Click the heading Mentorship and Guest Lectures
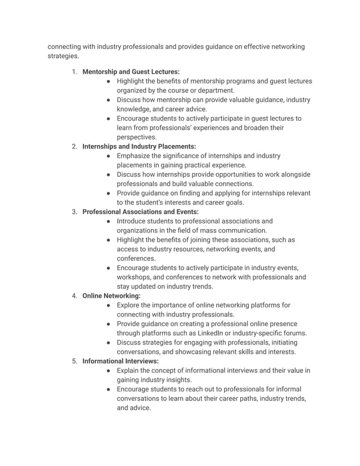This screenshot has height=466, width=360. [131, 72]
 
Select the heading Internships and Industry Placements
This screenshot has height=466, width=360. [139, 146]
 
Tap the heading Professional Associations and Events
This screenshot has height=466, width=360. [141, 212]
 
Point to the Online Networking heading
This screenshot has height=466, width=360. [112, 296]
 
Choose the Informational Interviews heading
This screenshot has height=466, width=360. [120, 361]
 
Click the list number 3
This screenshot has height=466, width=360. [74, 212]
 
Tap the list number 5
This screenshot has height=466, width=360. [74, 361]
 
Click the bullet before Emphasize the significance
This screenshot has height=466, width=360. [108, 156]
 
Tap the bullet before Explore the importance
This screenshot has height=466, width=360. [108, 305]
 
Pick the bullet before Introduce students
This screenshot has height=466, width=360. [108, 221]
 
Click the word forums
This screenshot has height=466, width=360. [293, 333]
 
